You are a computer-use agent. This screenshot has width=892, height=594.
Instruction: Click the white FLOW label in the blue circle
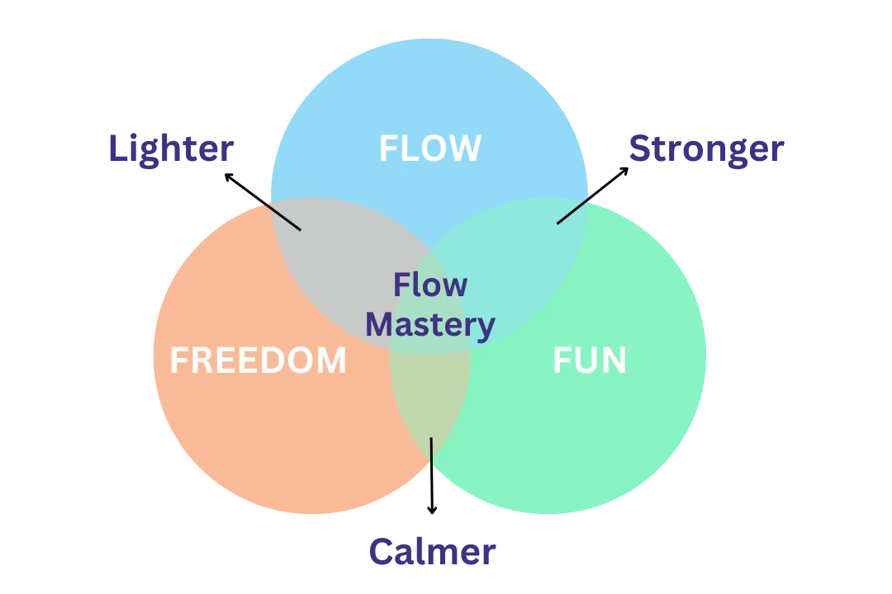pos(429,148)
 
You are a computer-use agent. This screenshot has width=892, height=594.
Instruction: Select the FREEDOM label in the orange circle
pos(258,361)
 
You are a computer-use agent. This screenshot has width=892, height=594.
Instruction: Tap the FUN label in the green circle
pos(589,361)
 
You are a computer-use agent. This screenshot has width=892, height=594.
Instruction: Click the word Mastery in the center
pos(430,324)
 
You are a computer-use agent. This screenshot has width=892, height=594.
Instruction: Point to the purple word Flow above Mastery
pos(429,285)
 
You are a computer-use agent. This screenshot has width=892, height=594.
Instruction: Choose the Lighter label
pos(171,149)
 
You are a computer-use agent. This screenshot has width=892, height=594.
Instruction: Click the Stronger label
pos(705,149)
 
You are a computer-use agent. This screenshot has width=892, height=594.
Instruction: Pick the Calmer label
pos(431,551)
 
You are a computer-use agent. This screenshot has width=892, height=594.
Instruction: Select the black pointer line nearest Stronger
pos(573,210)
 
